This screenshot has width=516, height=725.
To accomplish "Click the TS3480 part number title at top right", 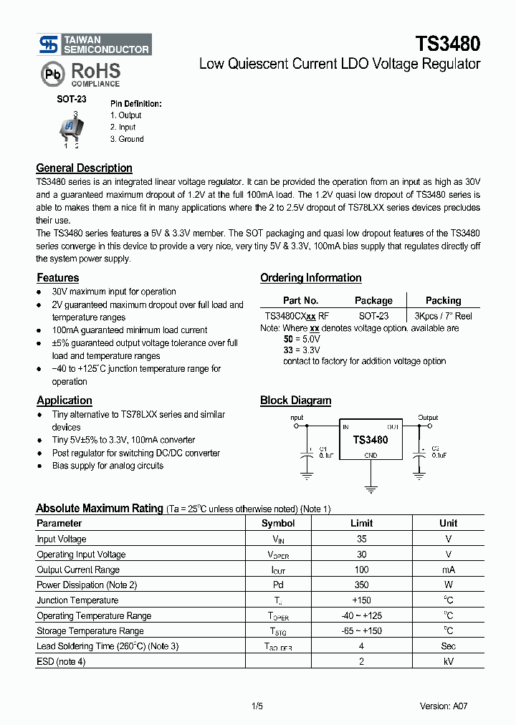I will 448,44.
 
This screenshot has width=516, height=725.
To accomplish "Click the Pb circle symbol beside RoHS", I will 52,74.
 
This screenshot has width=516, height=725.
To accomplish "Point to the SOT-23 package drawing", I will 71,128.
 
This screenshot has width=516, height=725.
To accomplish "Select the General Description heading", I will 84,168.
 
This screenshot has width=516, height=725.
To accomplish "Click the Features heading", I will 57,278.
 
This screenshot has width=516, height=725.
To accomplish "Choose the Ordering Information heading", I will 310,278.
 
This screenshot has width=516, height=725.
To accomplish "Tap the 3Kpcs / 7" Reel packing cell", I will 444,316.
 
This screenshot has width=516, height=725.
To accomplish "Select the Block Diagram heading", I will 295,400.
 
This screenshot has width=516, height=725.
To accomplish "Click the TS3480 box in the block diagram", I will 370,440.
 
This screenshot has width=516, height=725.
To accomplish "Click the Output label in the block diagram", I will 428,418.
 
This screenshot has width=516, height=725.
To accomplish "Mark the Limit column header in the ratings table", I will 361,524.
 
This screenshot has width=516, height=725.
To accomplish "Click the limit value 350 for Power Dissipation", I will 361,585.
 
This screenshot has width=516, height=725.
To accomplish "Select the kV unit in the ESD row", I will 448,662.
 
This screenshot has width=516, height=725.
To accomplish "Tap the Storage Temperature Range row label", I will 90,631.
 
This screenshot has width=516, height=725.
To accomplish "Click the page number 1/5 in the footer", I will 257,706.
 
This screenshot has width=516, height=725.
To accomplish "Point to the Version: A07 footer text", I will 445,706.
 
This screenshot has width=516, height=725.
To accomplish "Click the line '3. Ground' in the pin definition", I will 127,140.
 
